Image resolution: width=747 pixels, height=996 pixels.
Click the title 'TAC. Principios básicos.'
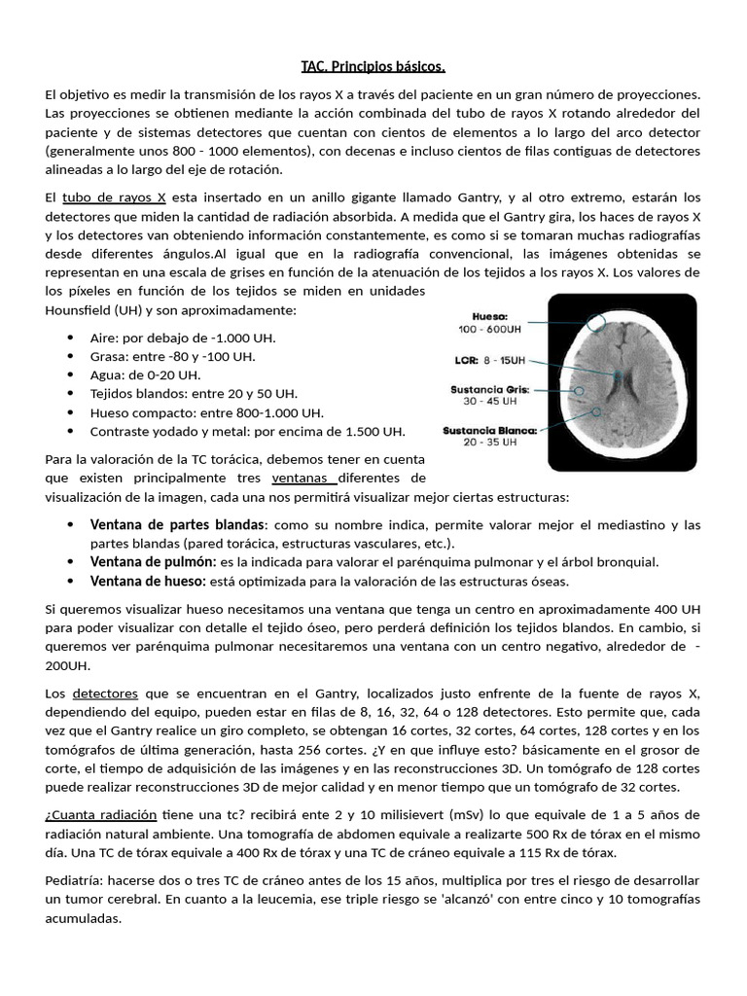click(x=373, y=66)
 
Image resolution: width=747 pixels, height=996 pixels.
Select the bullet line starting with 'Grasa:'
click(x=172, y=356)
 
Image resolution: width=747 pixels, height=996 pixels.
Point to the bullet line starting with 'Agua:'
click(x=145, y=374)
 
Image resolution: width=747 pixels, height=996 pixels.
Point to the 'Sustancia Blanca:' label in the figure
click(x=489, y=430)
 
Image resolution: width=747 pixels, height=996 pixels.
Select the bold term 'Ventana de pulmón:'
click(x=153, y=562)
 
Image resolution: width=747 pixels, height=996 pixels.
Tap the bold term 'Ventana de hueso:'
click(x=147, y=581)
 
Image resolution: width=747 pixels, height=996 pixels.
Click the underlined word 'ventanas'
click(x=304, y=478)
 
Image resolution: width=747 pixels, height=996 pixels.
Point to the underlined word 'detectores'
click(x=104, y=694)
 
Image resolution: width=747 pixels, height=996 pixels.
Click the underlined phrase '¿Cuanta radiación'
click(x=101, y=815)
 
